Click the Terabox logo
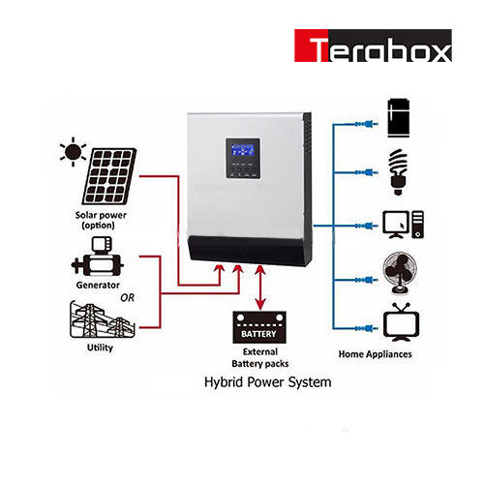click(373, 45)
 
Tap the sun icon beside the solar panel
click(74, 152)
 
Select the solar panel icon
click(109, 176)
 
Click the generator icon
click(98, 257)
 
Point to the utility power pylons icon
click(102, 319)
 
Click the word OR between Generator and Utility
click(127, 298)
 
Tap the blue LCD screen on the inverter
click(243, 150)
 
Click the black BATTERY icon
click(259, 327)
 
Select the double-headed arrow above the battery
click(260, 287)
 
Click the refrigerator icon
click(399, 118)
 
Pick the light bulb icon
click(399, 171)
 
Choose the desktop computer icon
click(404, 225)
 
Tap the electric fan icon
click(400, 274)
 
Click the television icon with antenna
click(401, 322)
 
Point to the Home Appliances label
click(376, 354)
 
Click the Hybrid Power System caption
click(268, 382)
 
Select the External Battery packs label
click(260, 357)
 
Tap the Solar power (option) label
click(101, 220)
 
